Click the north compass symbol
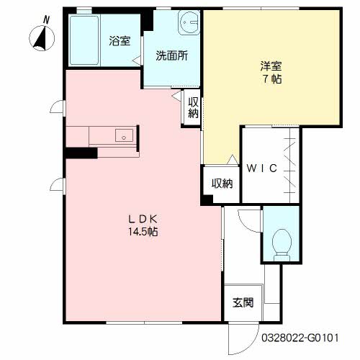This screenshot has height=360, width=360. [42, 38]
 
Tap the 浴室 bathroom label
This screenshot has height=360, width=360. [120, 41]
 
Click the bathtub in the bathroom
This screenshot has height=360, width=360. [84, 40]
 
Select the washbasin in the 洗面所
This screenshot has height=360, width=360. [189, 23]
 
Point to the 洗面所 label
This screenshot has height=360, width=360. [171, 55]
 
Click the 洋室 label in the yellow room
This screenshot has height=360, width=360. [271, 66]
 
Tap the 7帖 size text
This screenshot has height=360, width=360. [272, 78]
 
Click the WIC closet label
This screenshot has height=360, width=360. [262, 168]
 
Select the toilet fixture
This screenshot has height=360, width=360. [282, 245]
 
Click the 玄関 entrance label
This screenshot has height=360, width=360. [243, 302]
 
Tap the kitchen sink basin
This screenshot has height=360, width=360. [124, 135]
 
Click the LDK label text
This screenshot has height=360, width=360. [143, 219]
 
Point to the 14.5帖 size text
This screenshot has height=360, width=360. [143, 232]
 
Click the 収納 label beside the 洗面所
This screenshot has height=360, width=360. [193, 107]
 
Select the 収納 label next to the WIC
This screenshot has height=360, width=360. [222, 184]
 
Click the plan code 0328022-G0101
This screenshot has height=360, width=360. [300, 338]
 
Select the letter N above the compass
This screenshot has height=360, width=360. [46, 20]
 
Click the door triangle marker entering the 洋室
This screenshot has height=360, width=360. [233, 160]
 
